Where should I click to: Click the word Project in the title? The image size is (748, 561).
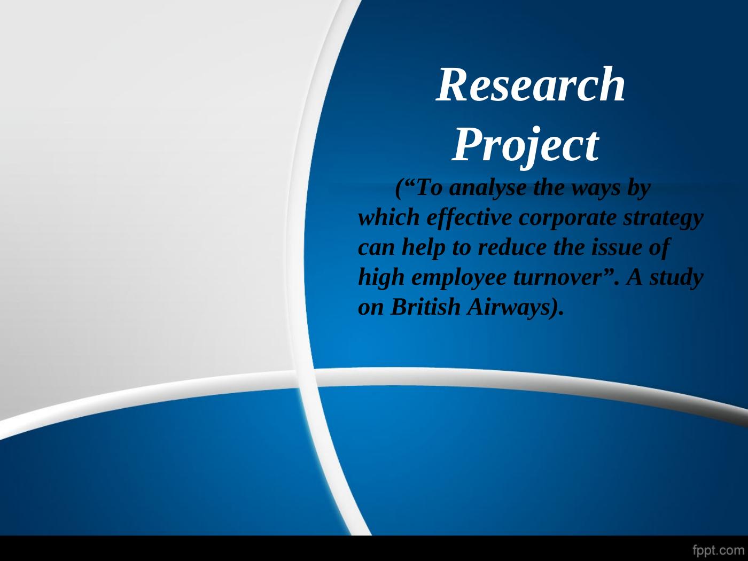click(525, 146)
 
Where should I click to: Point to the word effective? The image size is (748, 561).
click(469, 219)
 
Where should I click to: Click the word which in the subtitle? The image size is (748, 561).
click(389, 218)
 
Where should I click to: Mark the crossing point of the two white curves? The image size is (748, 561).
click(305, 379)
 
